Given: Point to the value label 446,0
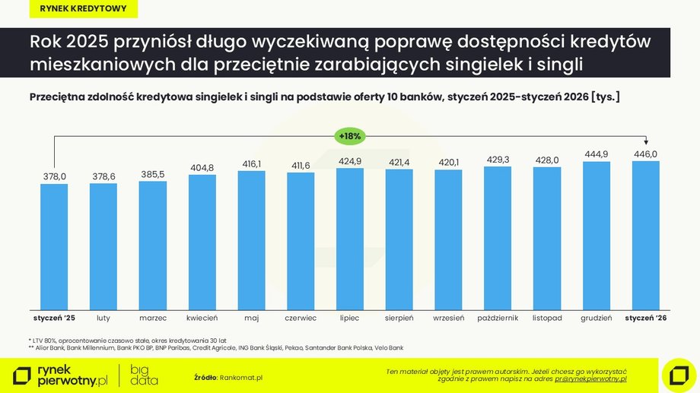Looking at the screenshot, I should (x=645, y=154).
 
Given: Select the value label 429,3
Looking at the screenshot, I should (x=498, y=159).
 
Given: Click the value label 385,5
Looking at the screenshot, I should (x=153, y=174).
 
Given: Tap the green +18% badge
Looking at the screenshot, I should (x=350, y=136).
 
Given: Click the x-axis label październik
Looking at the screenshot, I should (x=498, y=318).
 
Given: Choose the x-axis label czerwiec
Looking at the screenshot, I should (x=301, y=318).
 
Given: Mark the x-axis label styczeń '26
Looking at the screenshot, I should (x=645, y=318).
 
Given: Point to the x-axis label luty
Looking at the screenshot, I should (x=103, y=318).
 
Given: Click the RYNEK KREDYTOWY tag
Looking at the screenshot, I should (x=78, y=10).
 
